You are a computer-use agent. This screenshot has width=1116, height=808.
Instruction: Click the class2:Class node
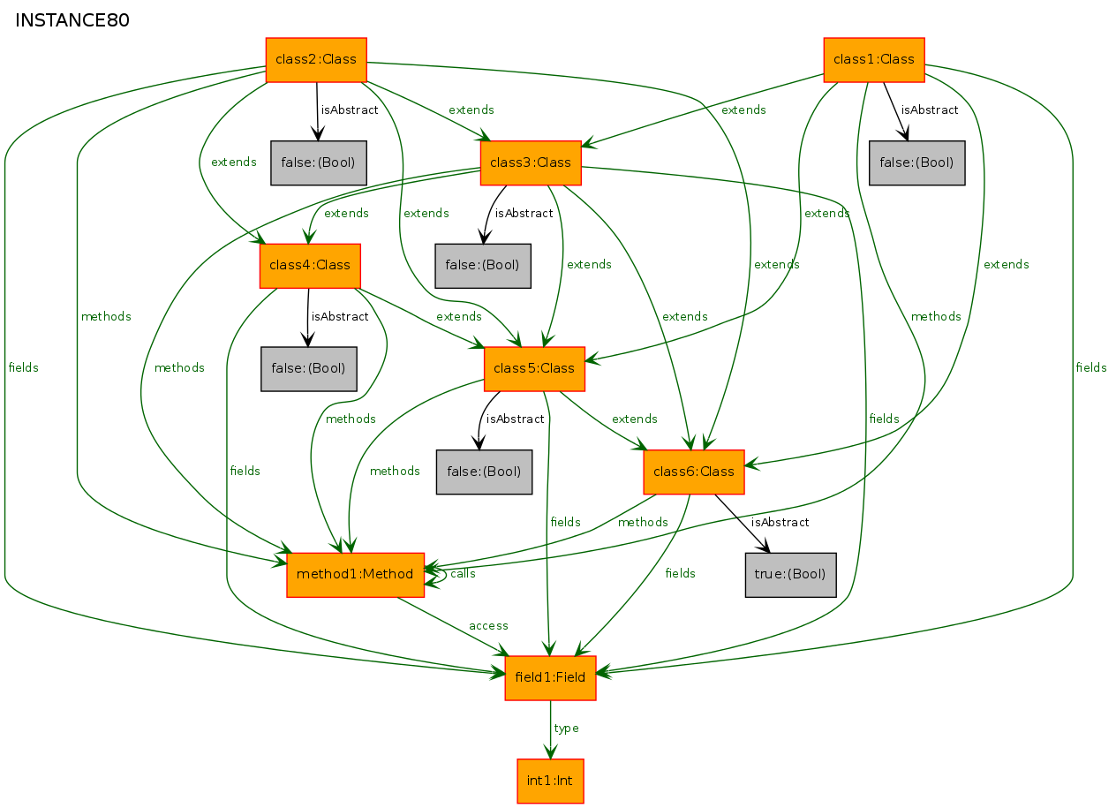[x=316, y=60]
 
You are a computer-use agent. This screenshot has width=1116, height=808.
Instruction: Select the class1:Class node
[x=874, y=60]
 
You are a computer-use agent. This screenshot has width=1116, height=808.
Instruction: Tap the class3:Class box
[x=532, y=162]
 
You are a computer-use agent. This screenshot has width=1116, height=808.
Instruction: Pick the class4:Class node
[x=310, y=266]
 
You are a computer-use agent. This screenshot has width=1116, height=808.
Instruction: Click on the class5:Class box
[x=534, y=369]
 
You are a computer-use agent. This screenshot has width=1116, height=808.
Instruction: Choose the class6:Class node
[x=694, y=472]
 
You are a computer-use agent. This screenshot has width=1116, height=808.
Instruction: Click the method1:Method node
[x=355, y=575]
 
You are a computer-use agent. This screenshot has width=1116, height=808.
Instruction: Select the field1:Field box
[x=551, y=678]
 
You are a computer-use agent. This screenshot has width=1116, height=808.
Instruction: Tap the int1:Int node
[x=551, y=782]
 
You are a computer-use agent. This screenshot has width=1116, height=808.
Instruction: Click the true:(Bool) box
[x=791, y=575]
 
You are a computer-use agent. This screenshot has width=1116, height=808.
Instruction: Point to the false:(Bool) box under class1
[x=917, y=162]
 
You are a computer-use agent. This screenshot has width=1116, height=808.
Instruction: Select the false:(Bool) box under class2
[x=319, y=162]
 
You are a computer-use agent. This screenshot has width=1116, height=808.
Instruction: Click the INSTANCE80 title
[x=72, y=20]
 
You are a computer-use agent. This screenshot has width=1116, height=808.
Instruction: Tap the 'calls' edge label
[x=463, y=574]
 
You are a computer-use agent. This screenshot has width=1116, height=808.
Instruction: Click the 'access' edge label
[x=488, y=626]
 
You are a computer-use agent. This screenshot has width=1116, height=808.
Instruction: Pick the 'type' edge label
[x=566, y=729]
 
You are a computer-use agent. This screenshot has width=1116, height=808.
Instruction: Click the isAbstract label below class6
[x=780, y=522]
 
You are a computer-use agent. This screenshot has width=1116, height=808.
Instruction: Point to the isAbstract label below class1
[x=930, y=109]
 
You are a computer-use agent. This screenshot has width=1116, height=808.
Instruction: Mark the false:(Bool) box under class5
[x=484, y=472]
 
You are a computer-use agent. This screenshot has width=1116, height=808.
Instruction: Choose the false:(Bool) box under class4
[x=309, y=369]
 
